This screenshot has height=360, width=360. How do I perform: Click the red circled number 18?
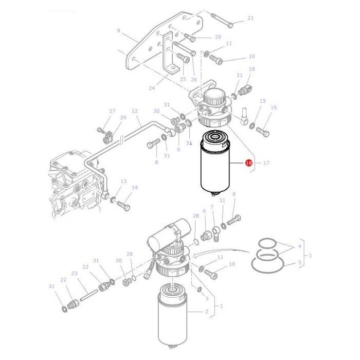pos(248,163)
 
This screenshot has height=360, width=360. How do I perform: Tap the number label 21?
pos(250,19)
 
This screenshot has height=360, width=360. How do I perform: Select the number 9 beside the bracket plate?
pos(118,31)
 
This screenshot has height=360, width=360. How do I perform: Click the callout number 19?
pos(251,69)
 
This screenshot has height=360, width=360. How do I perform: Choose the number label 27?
pos(112,111)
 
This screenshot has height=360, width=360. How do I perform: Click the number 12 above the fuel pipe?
pos(135,111)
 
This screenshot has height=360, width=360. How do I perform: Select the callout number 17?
pos(266,163)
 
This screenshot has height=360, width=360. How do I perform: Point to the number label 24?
pos(151,88)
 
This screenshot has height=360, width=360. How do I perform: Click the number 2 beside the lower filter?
pos(206,312)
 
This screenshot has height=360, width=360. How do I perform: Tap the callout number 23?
pos(74,273)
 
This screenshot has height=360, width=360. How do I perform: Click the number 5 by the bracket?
pos(300,263)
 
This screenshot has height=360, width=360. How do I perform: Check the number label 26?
pos(193,79)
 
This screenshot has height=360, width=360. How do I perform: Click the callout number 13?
pos(123,182)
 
